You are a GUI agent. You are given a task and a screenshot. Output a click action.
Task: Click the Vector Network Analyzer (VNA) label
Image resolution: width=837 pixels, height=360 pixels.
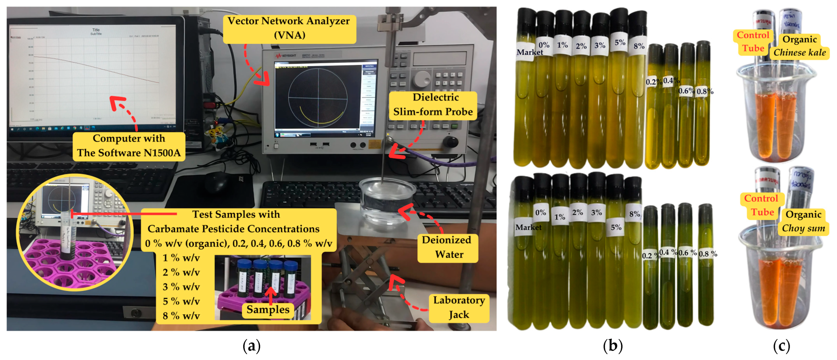point(289,28)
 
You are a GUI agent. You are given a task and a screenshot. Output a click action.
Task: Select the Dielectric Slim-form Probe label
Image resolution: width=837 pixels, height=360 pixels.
point(433,105)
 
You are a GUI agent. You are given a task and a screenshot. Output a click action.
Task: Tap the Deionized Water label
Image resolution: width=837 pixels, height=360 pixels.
point(447,247)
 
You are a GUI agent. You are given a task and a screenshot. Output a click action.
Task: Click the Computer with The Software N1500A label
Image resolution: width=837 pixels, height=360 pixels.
point(129,146)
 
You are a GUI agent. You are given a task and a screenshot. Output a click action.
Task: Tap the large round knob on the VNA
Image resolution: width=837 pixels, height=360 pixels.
point(421,78)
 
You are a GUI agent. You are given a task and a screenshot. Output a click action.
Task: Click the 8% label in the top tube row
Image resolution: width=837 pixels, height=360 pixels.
point(639,46)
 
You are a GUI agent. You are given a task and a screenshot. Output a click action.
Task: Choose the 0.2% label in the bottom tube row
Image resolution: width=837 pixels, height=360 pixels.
point(650,255)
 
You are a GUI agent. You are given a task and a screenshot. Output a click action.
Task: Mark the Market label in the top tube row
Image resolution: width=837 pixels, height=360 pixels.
point(529,52)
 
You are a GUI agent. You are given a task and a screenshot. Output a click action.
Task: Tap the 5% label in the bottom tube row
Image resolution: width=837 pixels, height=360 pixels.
point(616,227)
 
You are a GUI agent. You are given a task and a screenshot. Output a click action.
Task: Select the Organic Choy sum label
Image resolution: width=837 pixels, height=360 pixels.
point(803,221)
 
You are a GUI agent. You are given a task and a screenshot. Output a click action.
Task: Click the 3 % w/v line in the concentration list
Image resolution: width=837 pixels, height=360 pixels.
point(181,287)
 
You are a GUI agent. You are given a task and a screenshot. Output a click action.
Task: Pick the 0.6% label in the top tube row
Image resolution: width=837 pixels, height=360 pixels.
point(686,91)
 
